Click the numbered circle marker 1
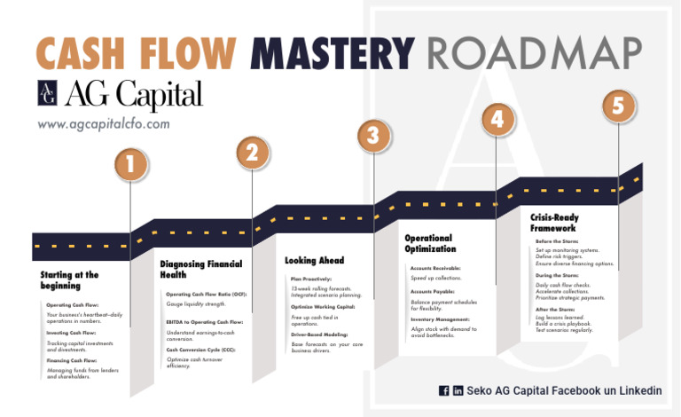pyautogui.click(x=131, y=164)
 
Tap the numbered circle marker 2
pyautogui.click(x=253, y=153)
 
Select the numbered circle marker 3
pyautogui.click(x=374, y=135)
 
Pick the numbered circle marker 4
pyautogui.click(x=497, y=118)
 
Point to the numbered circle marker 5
pyautogui.click(x=619, y=106)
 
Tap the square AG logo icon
pyautogui.click(x=49, y=93)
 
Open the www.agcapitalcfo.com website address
pyautogui.click(x=103, y=123)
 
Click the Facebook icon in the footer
pyautogui.click(x=443, y=390)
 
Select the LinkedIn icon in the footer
pyautogui.click(x=458, y=390)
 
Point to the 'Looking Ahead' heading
pyautogui.click(x=314, y=261)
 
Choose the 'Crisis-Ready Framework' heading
pyautogui.click(x=553, y=222)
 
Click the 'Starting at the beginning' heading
pyautogui.click(x=69, y=280)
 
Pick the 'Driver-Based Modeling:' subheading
pyautogui.click(x=319, y=334)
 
